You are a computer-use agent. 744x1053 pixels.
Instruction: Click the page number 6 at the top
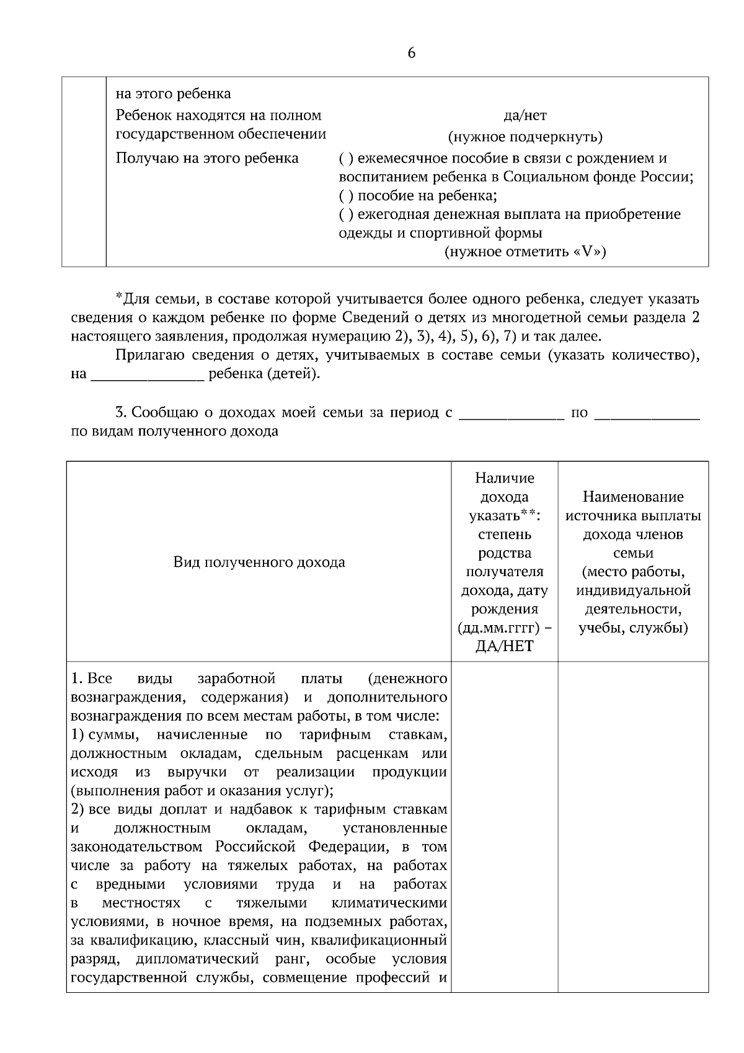(x=412, y=53)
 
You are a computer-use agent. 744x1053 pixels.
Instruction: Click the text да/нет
(x=525, y=115)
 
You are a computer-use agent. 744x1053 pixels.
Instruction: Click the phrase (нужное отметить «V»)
(x=525, y=252)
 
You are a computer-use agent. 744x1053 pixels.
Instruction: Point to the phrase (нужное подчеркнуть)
(x=525, y=137)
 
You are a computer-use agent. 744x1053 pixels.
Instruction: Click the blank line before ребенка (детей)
(x=148, y=375)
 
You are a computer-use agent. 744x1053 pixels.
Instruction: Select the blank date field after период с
(x=511, y=413)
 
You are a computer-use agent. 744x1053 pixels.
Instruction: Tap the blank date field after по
(x=647, y=413)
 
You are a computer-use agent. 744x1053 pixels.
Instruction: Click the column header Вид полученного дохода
(x=259, y=562)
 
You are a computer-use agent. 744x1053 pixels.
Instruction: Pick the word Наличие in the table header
(x=504, y=478)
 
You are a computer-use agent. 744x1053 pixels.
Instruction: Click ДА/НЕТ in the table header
(x=504, y=646)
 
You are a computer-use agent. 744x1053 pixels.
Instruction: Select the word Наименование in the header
(x=632, y=497)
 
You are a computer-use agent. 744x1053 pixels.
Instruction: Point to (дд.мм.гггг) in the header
(x=504, y=628)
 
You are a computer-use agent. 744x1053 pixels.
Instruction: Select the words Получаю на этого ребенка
(x=207, y=159)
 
